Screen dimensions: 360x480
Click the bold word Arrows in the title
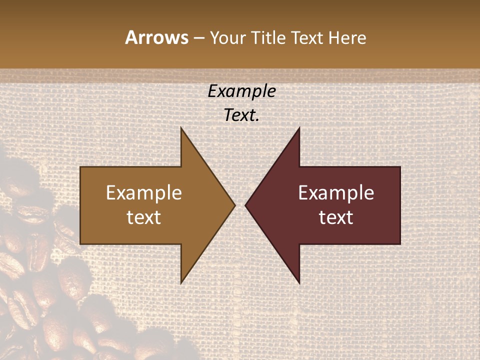click(156, 37)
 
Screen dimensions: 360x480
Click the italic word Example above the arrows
click(242, 91)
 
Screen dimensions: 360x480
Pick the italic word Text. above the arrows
click(242, 115)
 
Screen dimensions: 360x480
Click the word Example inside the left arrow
click(144, 193)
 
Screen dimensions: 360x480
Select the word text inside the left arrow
click(144, 217)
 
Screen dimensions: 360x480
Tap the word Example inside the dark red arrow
click(336, 193)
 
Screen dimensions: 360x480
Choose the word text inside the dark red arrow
click(336, 217)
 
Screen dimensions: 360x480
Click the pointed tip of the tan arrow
click(235, 205)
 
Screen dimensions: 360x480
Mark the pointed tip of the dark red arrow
click(245, 205)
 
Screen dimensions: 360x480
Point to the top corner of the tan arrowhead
click(181, 128)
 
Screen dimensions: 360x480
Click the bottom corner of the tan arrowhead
click(181, 283)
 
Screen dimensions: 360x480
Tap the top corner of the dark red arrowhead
click(299, 128)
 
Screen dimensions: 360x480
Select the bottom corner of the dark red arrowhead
click(299, 283)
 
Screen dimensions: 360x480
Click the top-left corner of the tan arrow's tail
click(81, 167)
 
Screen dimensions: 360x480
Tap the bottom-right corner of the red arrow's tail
click(400, 243)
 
